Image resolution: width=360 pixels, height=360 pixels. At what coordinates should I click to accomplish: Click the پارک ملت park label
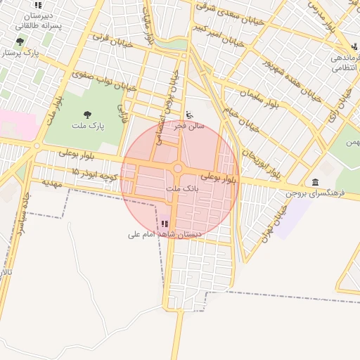pos(87,125)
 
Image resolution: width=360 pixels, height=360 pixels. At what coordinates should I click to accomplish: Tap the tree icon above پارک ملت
pos(87,114)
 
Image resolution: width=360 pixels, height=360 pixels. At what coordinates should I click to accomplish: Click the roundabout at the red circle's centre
pos(179,169)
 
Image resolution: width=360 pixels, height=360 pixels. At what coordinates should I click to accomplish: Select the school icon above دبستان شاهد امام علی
pos(165,224)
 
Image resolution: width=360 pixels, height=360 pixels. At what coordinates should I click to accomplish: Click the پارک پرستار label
pos(17,52)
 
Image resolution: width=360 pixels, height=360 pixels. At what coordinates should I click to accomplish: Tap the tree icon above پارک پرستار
pos(20,42)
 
